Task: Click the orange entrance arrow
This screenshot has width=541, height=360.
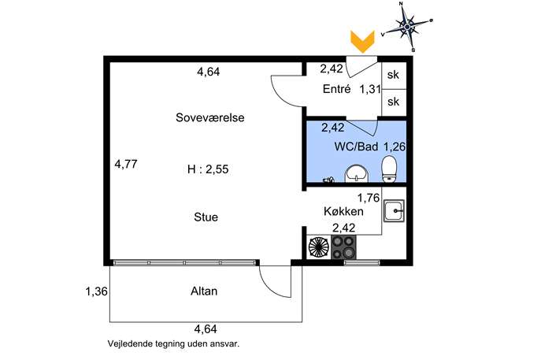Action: (362, 42)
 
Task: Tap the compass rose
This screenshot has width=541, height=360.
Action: (407, 26)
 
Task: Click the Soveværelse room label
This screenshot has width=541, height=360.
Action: (209, 117)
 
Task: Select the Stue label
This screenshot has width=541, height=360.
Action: (206, 217)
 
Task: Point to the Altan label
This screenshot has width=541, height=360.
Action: (204, 291)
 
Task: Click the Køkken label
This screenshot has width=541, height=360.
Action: (343, 211)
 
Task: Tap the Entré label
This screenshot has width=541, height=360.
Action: (337, 89)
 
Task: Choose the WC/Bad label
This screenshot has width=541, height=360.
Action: (356, 147)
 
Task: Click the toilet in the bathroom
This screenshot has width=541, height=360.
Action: (390, 169)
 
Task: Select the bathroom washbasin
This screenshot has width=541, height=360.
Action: (357, 173)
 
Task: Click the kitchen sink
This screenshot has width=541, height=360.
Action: (394, 211)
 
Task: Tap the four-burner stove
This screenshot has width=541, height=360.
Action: (343, 247)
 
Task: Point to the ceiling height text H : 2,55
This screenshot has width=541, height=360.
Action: (208, 169)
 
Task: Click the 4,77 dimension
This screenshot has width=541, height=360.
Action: (126, 164)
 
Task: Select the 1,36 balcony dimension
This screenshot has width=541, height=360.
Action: (96, 291)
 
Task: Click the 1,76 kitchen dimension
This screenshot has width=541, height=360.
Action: (369, 198)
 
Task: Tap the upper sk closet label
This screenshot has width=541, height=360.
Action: (393, 75)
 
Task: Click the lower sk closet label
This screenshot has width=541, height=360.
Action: (393, 102)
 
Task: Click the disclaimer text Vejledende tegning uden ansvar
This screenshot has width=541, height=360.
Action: (173, 343)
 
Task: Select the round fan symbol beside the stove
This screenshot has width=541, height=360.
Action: (319, 247)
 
